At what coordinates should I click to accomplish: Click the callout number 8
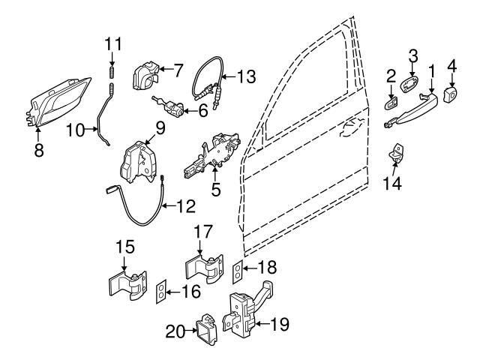39,149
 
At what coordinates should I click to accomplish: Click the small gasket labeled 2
390,98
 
